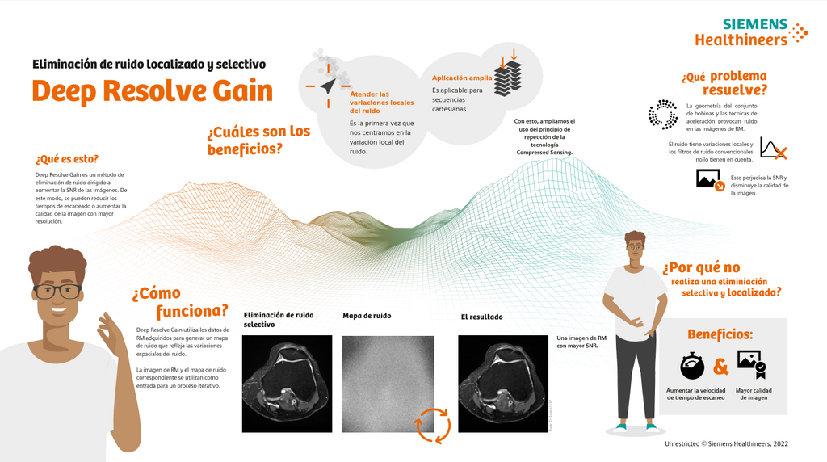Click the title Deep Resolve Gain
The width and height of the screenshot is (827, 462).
pyautogui.click(x=152, y=90)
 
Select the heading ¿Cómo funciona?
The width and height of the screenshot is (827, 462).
pyautogui.click(x=180, y=302)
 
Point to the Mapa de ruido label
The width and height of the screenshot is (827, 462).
pyautogui.click(x=367, y=316)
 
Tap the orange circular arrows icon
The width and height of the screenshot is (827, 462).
pyautogui.click(x=432, y=425)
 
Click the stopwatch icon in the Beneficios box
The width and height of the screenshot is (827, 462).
pyautogui.click(x=693, y=366)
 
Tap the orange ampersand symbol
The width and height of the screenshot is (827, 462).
pyautogui.click(x=721, y=367)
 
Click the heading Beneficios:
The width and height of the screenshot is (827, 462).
pyautogui.click(x=720, y=334)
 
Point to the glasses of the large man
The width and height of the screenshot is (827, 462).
pyautogui.click(x=57, y=291)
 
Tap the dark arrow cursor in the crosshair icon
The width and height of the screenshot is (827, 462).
pyautogui.click(x=327, y=86)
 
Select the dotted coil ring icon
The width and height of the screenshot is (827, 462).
pyautogui.click(x=663, y=115)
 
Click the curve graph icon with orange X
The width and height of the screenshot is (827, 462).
pyautogui.click(x=774, y=149)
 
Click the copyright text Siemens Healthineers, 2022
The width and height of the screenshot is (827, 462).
pyautogui.click(x=726, y=443)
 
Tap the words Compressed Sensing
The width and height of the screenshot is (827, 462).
pyautogui.click(x=543, y=152)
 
